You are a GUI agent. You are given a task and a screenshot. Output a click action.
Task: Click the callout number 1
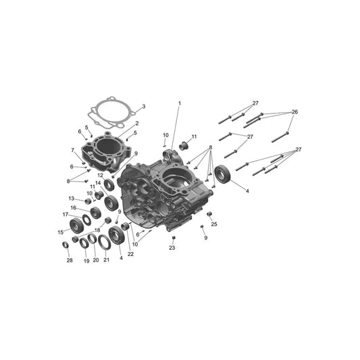(x=180, y=103)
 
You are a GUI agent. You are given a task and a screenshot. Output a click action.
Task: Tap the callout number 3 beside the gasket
(x=144, y=107)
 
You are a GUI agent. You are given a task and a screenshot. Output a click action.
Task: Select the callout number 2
(x=137, y=124)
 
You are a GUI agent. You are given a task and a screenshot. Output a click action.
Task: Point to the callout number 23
(x=172, y=248)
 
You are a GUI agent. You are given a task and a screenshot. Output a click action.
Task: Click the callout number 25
(x=214, y=224)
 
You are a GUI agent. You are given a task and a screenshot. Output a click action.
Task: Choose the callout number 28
(x=70, y=260)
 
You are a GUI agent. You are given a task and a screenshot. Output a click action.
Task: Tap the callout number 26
(x=294, y=112)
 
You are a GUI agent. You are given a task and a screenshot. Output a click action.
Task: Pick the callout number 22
(x=130, y=254)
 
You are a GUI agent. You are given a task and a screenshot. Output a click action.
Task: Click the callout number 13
(x=72, y=199)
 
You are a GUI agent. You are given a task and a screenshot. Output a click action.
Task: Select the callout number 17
(x=66, y=214)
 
